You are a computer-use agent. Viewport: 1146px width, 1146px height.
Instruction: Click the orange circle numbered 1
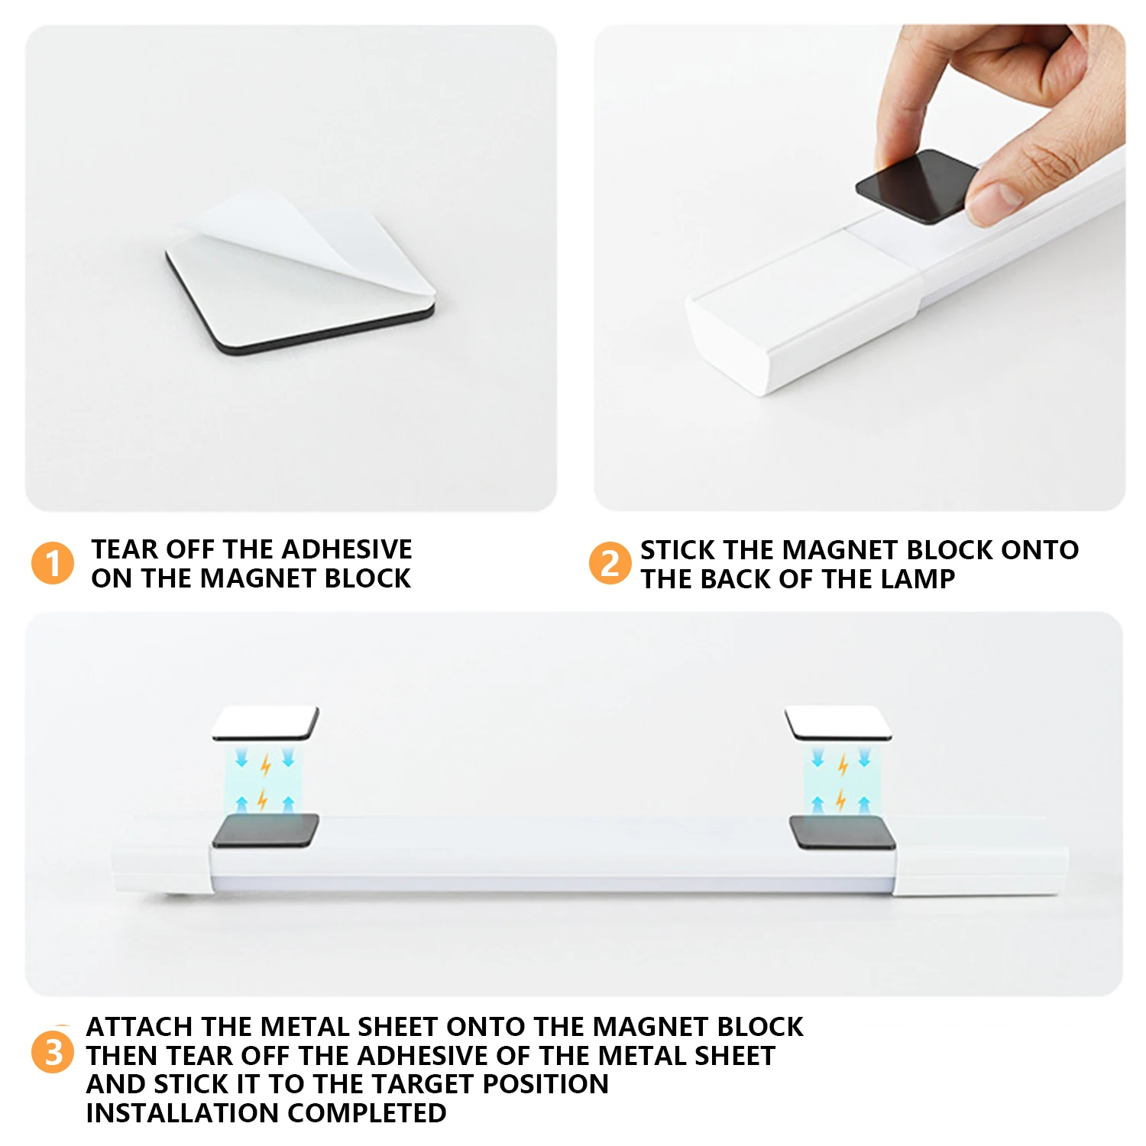[53, 563]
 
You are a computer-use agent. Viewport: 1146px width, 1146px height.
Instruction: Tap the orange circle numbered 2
[610, 563]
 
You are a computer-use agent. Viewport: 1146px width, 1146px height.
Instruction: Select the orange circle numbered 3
[53, 1052]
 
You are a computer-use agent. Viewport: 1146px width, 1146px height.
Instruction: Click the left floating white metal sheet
[265, 723]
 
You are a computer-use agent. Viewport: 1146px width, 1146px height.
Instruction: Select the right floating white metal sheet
[838, 723]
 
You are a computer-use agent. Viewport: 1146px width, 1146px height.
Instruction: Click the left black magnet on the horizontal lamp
[265, 830]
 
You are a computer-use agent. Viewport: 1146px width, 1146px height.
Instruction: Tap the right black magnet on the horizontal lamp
[842, 832]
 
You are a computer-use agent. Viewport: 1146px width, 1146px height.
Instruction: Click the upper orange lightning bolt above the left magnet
[266, 764]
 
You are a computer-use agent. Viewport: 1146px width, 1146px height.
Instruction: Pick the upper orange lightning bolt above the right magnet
[843, 764]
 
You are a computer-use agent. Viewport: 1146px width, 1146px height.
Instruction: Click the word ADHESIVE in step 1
[347, 549]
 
